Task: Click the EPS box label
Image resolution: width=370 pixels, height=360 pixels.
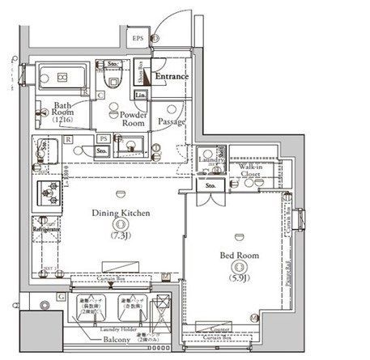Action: pos(137,38)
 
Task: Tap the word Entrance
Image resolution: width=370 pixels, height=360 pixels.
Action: pos(172,77)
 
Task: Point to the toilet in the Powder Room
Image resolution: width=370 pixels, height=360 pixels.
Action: pos(113,78)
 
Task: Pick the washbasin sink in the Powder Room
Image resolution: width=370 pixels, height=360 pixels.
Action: pos(134,146)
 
